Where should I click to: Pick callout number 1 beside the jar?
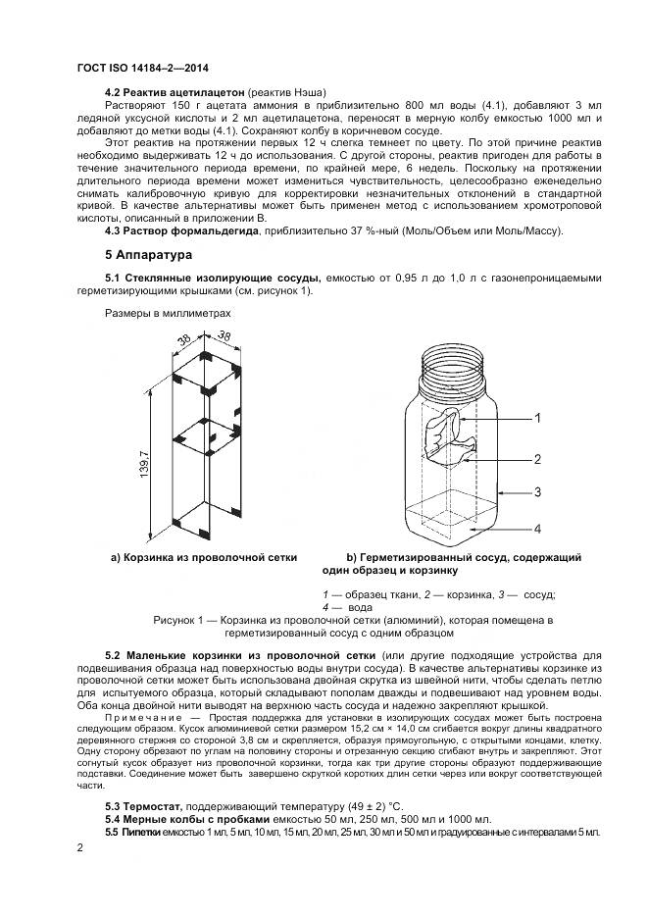click(x=537, y=418)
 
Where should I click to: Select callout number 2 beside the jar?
click(x=537, y=458)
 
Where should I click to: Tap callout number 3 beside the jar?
click(x=537, y=492)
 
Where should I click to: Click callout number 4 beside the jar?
click(x=537, y=529)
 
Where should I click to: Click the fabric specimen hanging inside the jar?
click(x=450, y=436)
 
